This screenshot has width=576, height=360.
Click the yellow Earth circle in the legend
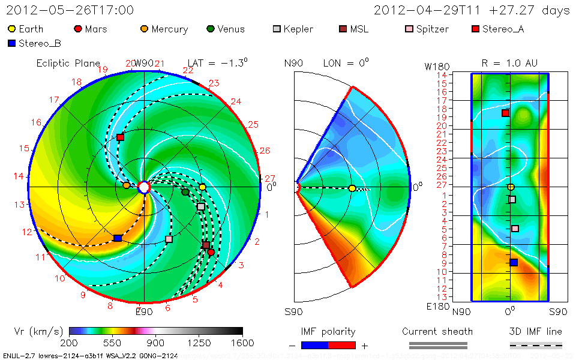coord(11,29)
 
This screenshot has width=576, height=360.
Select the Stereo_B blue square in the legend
coord(11,43)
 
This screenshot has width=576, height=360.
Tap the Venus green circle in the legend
coord(210,29)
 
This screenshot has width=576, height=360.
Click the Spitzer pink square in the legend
coord(409,29)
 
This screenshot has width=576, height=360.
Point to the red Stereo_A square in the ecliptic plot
coord(120,137)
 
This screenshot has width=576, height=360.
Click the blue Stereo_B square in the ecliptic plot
coord(118,238)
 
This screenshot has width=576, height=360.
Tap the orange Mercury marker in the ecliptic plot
coord(126,185)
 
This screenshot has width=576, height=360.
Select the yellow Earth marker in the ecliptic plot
coord(203,187)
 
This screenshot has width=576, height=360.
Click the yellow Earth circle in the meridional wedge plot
coord(352,188)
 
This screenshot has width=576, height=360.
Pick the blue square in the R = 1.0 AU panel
coord(514,262)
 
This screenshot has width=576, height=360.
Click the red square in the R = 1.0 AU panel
coord(505,113)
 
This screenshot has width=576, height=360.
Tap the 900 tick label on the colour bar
coord(156,343)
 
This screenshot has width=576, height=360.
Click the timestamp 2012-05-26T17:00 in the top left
coord(70,10)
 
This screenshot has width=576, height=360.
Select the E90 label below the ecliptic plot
coord(144,311)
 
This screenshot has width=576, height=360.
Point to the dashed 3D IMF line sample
coord(536,345)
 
